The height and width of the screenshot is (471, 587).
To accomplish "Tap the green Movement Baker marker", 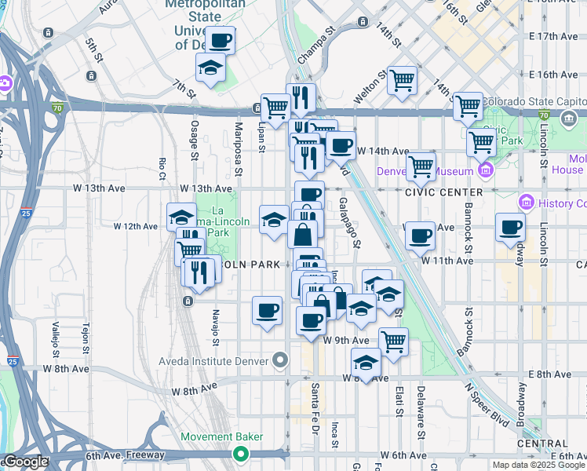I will click(241, 454).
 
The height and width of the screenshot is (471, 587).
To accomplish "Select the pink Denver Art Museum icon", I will click(485, 170).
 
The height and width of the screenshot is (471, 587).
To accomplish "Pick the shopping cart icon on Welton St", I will click(402, 78).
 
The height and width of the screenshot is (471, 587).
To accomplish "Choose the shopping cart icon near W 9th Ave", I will click(392, 341).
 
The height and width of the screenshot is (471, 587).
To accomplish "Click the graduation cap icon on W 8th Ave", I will click(366, 363).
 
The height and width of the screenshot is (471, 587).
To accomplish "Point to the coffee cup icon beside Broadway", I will click(510, 227).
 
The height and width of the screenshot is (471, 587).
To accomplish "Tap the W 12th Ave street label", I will click(136, 227).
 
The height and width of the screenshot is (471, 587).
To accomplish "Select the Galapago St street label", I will click(350, 222).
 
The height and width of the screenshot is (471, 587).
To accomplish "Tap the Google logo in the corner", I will click(25, 462).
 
